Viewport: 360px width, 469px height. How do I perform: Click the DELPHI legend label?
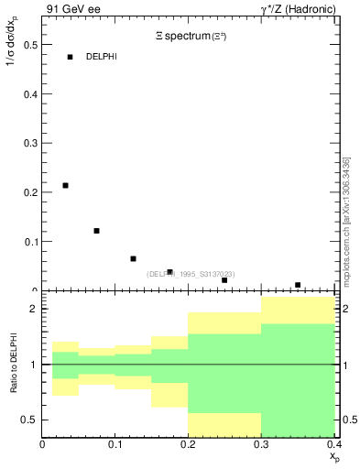[102, 57]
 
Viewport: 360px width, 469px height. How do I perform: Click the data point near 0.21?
[65, 186]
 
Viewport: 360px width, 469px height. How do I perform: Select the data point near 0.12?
[96, 231]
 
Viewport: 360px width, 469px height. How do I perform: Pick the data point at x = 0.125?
[133, 258]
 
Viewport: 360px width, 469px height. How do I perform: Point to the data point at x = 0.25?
[224, 280]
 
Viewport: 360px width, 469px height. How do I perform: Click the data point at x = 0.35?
[298, 285]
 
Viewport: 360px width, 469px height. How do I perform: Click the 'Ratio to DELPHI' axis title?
[13, 364]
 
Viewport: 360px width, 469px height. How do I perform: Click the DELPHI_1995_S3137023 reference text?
[191, 274]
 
